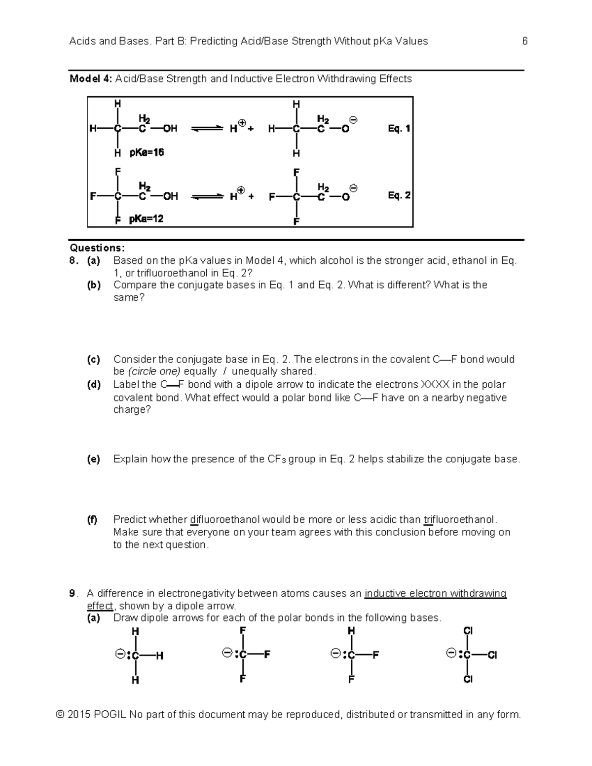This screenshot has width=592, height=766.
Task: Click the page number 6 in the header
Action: click(525, 41)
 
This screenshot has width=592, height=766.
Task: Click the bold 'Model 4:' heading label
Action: click(91, 79)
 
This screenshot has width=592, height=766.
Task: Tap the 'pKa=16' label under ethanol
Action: click(147, 153)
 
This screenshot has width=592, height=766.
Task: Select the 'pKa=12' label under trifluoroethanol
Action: click(146, 219)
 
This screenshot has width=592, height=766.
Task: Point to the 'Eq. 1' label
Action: click(399, 129)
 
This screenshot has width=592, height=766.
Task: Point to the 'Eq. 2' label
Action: click(399, 195)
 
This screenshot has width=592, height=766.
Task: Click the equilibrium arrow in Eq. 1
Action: click(207, 129)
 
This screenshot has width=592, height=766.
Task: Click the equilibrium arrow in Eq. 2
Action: click(207, 196)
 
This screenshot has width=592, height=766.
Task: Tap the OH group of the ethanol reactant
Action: click(170, 129)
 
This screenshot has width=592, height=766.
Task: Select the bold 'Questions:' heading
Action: click(97, 248)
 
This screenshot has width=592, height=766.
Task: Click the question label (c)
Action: click(94, 360)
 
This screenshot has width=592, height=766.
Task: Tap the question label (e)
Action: click(94, 459)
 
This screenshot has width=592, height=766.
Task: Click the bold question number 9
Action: click(73, 593)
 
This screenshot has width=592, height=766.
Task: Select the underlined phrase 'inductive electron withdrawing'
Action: click(435, 593)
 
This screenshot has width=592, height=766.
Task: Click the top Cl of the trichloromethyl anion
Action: click(468, 631)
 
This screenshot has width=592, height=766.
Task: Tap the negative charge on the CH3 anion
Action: click(119, 655)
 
